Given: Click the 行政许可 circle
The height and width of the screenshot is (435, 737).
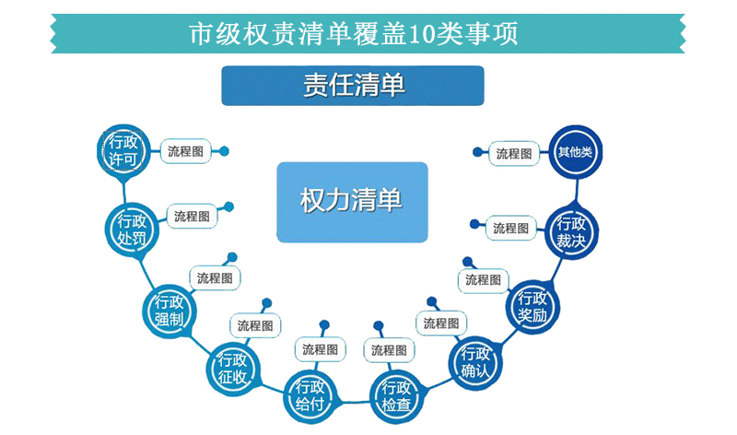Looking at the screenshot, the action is (123, 151).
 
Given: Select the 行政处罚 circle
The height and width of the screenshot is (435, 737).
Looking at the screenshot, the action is (132, 229).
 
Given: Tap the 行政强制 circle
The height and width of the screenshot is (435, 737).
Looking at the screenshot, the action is (170, 311).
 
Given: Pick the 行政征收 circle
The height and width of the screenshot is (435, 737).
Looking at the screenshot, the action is (233, 370).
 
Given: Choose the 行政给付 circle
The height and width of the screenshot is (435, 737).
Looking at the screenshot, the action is (310, 396).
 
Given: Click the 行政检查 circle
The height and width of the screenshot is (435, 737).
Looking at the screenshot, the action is (396, 396).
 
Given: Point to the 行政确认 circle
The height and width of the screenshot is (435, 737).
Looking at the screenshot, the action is (475, 362).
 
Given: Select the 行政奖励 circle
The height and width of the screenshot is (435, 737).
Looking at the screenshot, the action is (532, 307).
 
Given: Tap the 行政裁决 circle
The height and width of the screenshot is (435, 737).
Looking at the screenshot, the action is (571, 232).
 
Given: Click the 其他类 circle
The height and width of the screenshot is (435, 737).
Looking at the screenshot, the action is (575, 152).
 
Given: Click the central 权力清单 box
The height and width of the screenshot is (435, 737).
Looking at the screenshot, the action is (352, 202).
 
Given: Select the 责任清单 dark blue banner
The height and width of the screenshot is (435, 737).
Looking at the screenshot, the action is (353, 86).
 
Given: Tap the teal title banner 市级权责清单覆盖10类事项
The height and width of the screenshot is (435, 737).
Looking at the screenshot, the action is (368, 33).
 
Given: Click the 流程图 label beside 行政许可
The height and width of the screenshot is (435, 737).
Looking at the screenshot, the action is (186, 151).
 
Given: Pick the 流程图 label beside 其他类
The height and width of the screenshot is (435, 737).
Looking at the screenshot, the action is (514, 153).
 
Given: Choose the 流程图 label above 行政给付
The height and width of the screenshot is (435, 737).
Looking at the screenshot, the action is (320, 350).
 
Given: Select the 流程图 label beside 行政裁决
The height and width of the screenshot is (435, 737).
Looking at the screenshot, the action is (511, 229).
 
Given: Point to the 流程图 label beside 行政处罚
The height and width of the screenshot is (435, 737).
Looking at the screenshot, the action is (192, 217).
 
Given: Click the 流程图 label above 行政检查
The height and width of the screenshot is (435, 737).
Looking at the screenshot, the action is (389, 350).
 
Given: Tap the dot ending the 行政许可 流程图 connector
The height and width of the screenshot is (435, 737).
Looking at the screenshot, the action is (224, 151).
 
